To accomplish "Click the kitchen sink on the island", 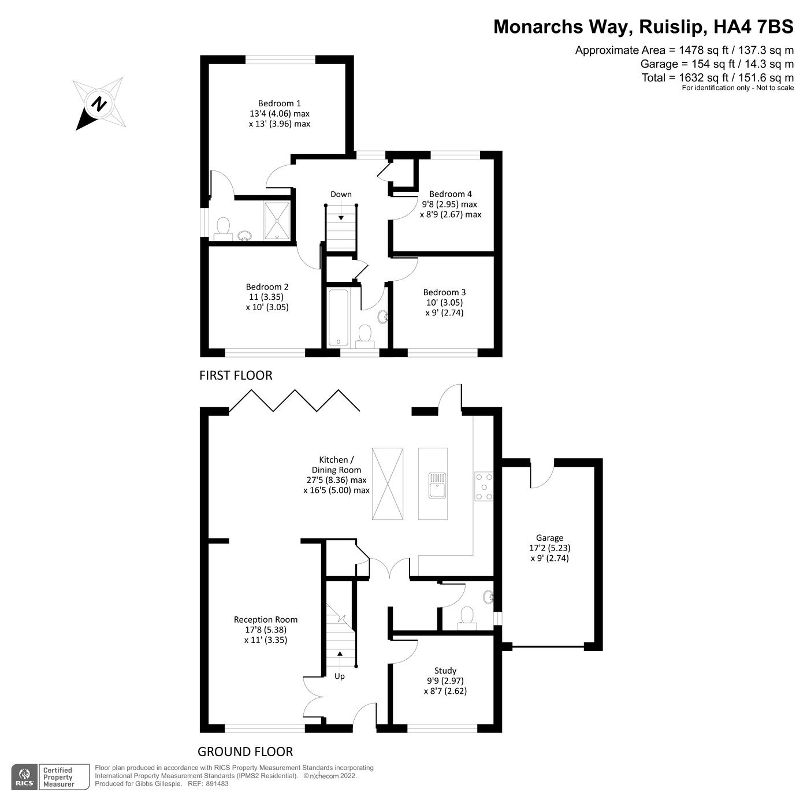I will point(437,485).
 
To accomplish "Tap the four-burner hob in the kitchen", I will point(484,486).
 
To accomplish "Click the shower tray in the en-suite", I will point(278,220).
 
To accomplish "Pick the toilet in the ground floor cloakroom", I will point(466,616).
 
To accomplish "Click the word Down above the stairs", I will point(341,194).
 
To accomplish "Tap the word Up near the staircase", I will point(340,676).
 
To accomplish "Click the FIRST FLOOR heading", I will point(236,375).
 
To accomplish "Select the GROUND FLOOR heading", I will point(245,752).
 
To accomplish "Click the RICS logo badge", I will point(25,777).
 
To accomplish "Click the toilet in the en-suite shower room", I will point(222,226).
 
